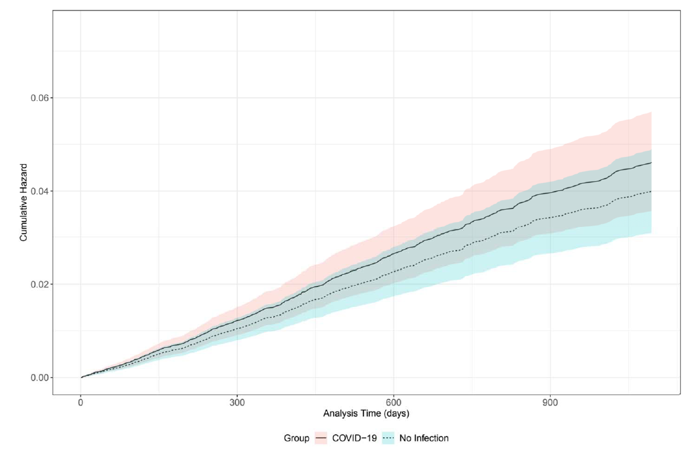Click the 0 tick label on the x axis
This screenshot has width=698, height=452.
pos(81,402)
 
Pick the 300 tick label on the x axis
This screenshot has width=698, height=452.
pos(237,402)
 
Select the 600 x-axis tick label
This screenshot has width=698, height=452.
pos(393,402)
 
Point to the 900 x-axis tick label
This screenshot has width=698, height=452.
pos(550,402)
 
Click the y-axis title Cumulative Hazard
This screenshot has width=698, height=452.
pos(24,202)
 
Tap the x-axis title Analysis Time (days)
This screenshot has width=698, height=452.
pos(366,413)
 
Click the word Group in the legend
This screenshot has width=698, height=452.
pos(297,438)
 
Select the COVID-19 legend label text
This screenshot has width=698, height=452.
pos(355,438)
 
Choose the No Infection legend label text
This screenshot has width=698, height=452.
pos(424,438)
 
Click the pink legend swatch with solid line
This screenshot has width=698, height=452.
pos(322,438)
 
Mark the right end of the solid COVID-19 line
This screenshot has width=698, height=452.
pos(651,162)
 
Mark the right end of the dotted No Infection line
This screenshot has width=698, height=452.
pos(651,192)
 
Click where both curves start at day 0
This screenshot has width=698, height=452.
pos(81,377)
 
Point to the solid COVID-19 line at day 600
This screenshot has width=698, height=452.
pos(393,253)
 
